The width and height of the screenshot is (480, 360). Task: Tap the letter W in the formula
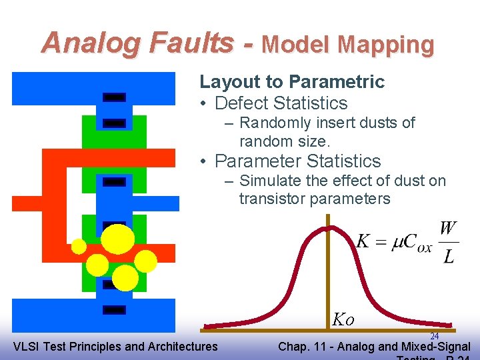click(448, 229)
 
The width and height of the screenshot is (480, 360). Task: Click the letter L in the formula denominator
click(449, 256)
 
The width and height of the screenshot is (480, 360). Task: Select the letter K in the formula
click(363, 241)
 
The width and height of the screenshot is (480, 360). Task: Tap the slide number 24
click(434, 337)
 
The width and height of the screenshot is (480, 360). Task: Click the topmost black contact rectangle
click(115, 97)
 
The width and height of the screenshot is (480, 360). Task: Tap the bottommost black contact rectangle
click(115, 309)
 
